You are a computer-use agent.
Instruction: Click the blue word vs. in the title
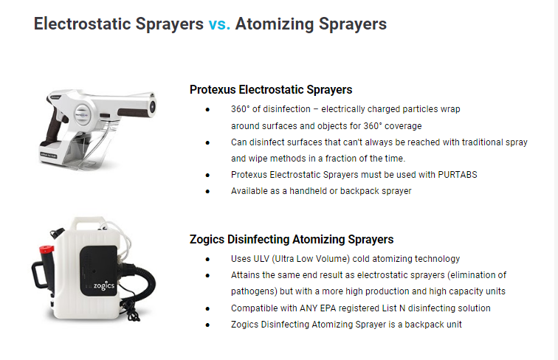[x=219, y=24]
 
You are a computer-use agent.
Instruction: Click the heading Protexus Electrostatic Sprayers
[x=271, y=90]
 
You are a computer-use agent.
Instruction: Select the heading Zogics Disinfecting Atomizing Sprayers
[x=292, y=240]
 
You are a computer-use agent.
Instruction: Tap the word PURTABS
[x=458, y=175]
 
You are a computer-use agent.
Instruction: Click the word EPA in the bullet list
[x=328, y=308]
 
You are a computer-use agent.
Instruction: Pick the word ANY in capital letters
[x=309, y=308]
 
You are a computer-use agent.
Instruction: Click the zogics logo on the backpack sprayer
[x=104, y=285]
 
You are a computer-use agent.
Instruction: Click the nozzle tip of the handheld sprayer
[x=152, y=105]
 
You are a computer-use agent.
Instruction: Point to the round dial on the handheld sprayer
[x=83, y=114]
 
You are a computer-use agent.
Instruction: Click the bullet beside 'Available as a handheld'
[x=207, y=191]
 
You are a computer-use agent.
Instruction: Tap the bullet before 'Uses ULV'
[x=207, y=260]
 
